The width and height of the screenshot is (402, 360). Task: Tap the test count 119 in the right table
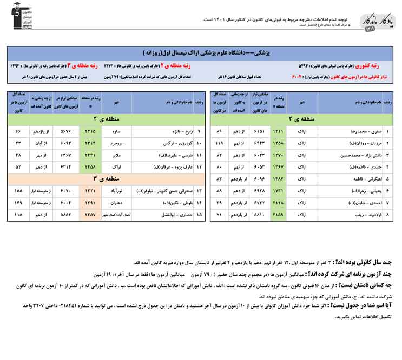(x=219, y=143)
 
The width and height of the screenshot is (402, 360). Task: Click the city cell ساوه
(x=116, y=131)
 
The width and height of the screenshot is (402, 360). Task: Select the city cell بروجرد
(x=116, y=143)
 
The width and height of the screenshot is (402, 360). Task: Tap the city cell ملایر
(x=116, y=155)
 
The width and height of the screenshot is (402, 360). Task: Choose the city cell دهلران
(x=116, y=203)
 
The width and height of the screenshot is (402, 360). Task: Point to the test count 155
(x=18, y=191)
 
